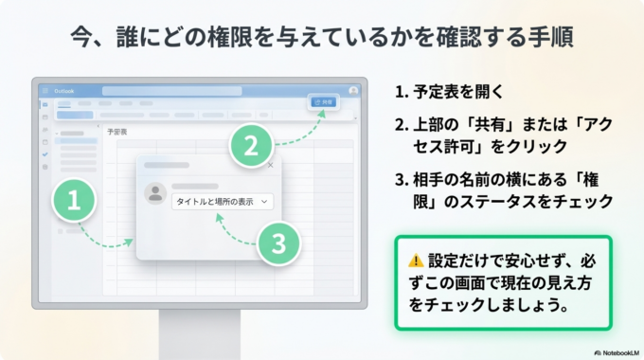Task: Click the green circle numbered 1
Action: point(74,200)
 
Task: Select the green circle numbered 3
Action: point(277,243)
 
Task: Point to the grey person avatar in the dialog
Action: point(154,193)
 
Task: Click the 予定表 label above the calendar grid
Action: point(118,132)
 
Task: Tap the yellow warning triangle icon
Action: point(415,259)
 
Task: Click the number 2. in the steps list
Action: point(401,126)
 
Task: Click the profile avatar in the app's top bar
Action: point(353,90)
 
